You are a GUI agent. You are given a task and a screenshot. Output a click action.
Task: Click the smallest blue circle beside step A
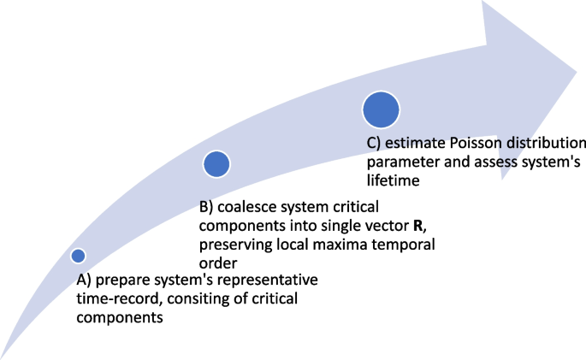coord(78,255)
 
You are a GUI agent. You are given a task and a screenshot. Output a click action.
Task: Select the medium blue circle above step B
coord(217,164)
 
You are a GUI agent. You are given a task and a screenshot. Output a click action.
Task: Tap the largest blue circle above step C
coord(381,109)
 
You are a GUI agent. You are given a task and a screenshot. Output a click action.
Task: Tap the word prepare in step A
coord(121,280)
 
